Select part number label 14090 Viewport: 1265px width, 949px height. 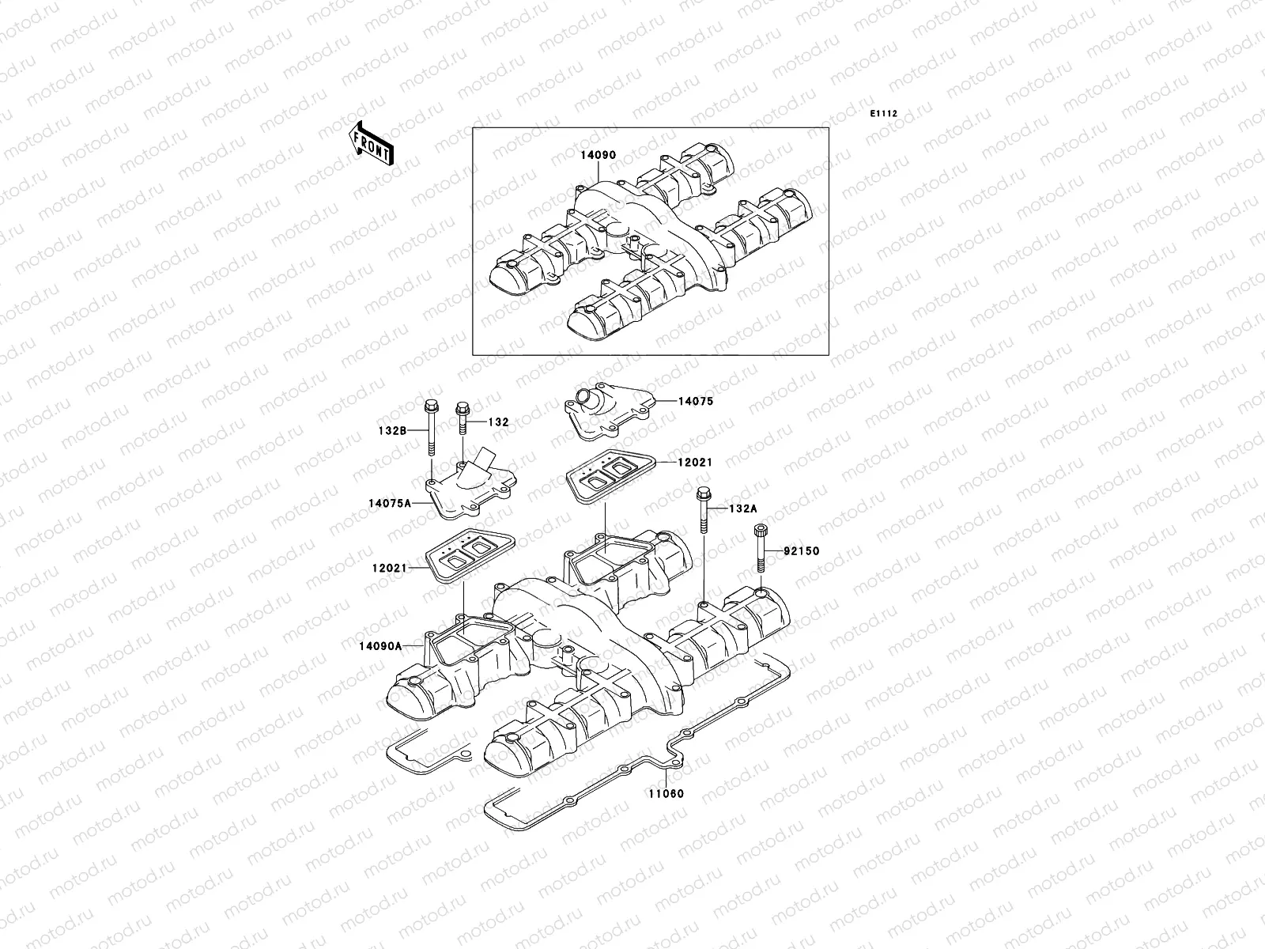(599, 156)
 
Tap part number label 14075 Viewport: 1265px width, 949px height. (695, 401)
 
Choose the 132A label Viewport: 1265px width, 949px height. (742, 509)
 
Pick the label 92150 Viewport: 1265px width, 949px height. (802, 550)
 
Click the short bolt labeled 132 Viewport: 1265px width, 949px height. (461, 420)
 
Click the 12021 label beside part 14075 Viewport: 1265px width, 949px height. (695, 462)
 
